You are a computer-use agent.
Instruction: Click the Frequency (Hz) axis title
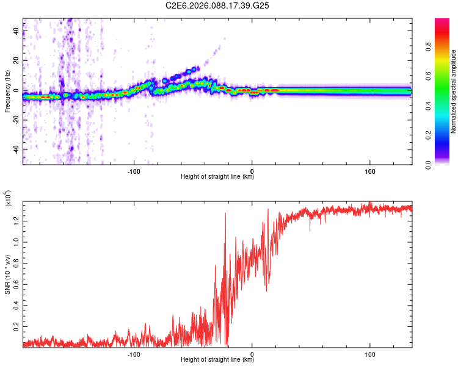pos(8,92)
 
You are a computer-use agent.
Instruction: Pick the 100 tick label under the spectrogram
pos(370,171)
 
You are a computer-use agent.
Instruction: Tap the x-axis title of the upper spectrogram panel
pos(217,177)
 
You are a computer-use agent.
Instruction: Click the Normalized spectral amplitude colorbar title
pos(454,91)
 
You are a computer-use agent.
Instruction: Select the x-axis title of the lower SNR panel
pos(217,360)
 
